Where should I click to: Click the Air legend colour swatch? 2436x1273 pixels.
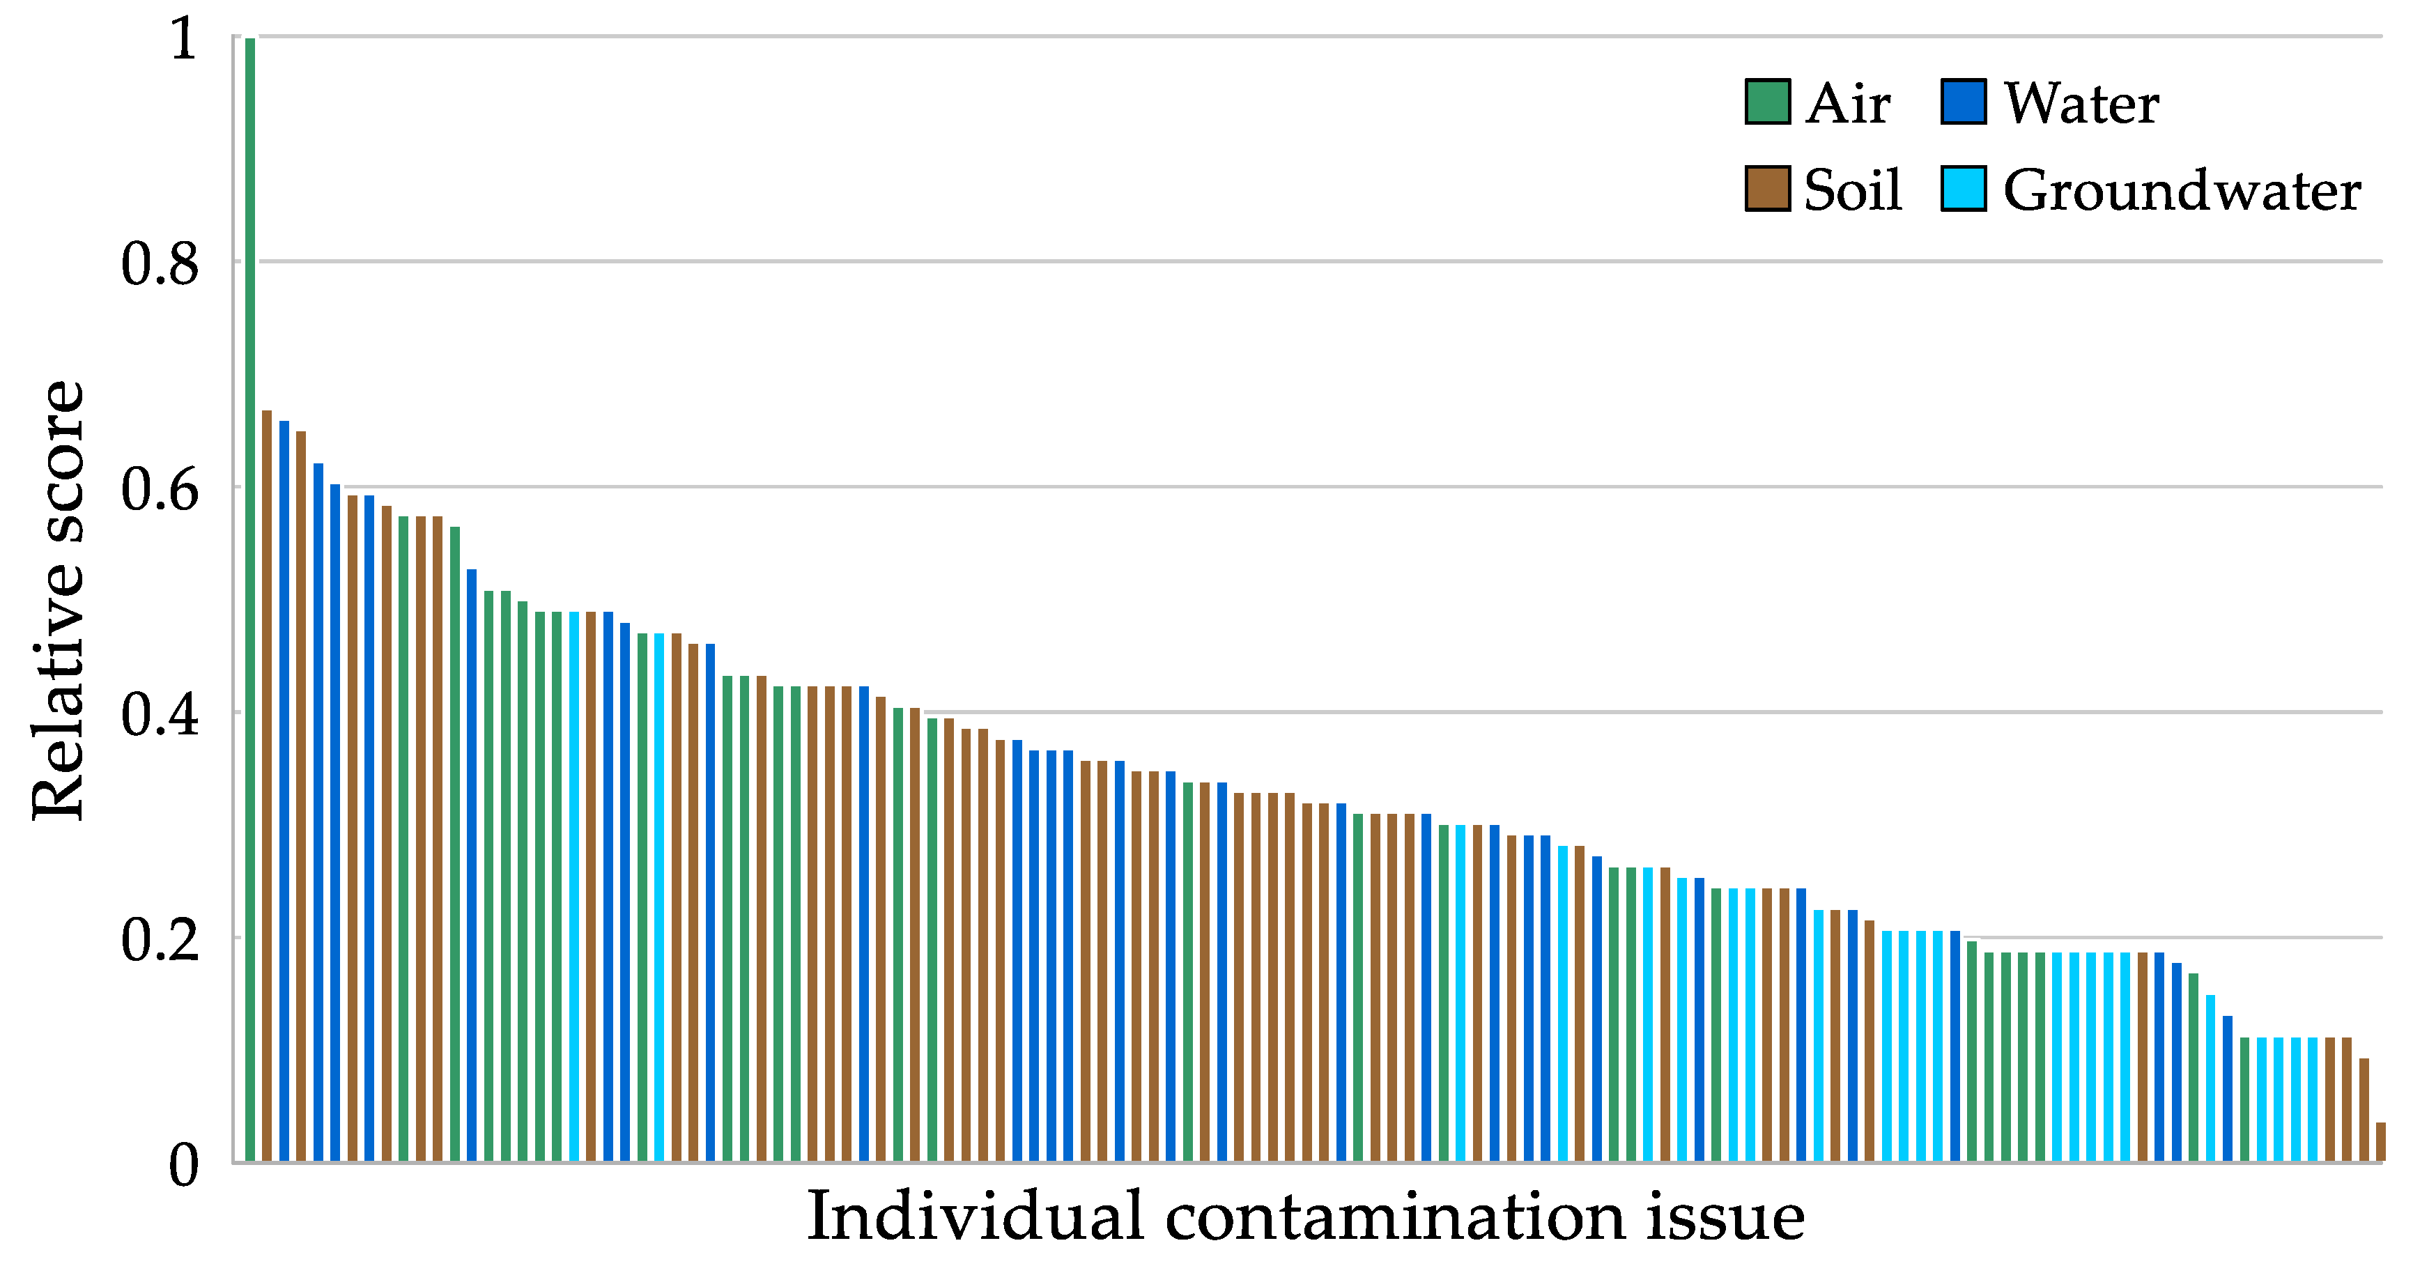[1766, 102]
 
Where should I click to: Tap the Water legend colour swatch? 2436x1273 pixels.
[1962, 102]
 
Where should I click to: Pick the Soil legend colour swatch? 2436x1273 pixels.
[1766, 189]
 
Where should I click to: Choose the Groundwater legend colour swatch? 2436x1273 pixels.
[1962, 189]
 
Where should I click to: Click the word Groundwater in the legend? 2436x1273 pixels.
[2181, 191]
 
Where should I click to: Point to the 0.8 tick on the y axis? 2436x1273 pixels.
[160, 264]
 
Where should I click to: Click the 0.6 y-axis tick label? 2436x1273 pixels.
[160, 490]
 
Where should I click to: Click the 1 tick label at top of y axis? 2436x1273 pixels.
[183, 40]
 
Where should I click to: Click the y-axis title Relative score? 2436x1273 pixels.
[59, 600]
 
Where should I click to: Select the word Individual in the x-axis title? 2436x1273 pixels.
[975, 1218]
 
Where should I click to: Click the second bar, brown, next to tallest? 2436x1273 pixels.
[267, 785]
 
